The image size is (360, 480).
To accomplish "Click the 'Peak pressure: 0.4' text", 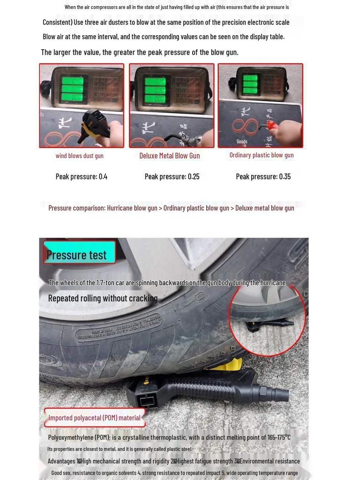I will click(x=82, y=177).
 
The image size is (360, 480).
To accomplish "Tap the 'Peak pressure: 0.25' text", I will click(x=172, y=177).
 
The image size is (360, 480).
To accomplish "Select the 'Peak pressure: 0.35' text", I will click(x=263, y=177).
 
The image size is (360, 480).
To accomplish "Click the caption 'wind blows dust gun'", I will click(x=80, y=156).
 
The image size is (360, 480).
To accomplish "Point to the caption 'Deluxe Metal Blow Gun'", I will click(x=169, y=156).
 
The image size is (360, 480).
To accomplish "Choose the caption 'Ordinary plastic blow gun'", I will click(x=262, y=155).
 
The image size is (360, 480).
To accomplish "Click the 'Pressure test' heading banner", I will click(x=77, y=255).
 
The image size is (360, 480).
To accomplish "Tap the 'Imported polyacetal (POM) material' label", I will click(x=94, y=418).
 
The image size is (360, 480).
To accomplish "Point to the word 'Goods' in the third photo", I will click(x=242, y=142).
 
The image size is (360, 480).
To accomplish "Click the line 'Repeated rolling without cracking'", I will click(x=103, y=299).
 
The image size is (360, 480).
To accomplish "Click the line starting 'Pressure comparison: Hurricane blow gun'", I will click(x=171, y=208).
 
